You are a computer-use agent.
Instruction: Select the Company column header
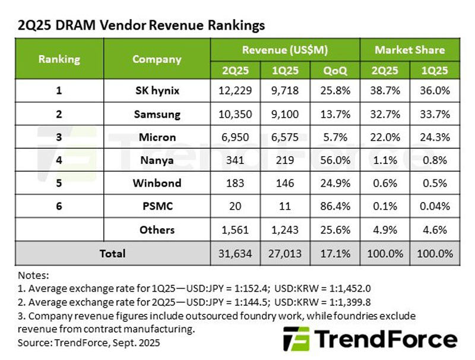point(157,59)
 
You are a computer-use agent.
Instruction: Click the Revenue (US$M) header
point(285,50)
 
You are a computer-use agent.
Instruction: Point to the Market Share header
point(410,50)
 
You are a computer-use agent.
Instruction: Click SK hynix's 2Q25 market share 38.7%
point(385,91)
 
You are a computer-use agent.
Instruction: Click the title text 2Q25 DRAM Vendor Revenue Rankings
point(141,26)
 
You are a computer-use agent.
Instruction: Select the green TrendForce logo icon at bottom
point(296,339)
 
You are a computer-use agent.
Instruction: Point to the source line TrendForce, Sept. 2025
point(89,343)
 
